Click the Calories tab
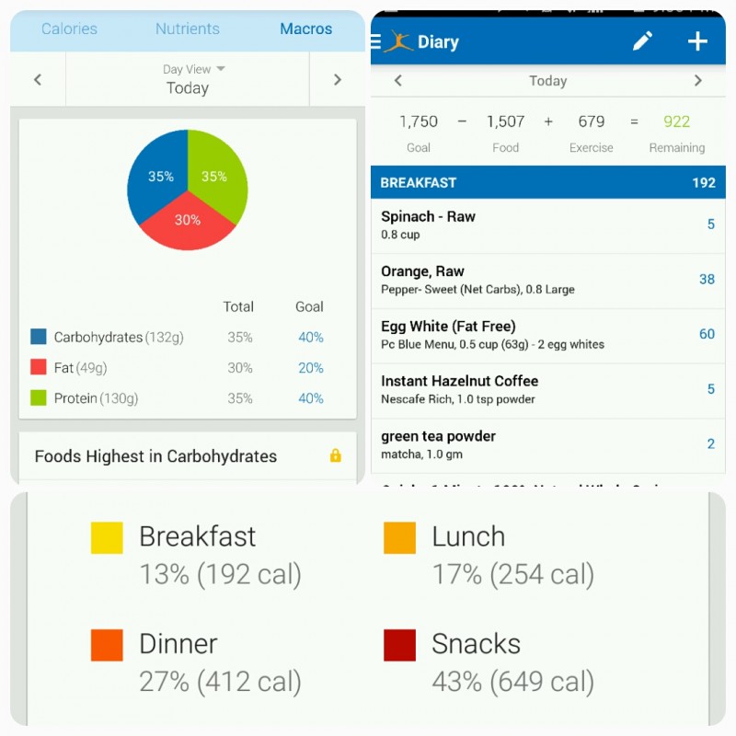(69, 29)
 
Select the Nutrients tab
(188, 29)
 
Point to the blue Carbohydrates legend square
(39, 337)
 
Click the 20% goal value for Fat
(311, 368)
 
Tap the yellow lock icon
(335, 455)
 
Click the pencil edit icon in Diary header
(642, 41)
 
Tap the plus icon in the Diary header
(697, 41)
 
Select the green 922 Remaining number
(676, 121)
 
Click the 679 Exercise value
(592, 121)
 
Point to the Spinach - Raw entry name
(428, 217)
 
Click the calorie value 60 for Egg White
(707, 334)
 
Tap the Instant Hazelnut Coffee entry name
(459, 381)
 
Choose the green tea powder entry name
(439, 436)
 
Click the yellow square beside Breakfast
(107, 537)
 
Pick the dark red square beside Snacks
(399, 645)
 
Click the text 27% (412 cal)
(220, 682)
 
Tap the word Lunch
(468, 536)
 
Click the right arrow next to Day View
(337, 80)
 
